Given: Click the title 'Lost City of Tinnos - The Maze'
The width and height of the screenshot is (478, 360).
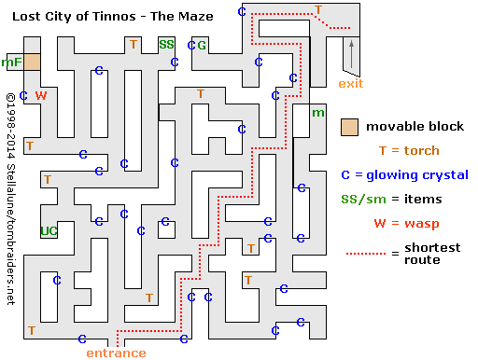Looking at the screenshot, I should coord(106,16).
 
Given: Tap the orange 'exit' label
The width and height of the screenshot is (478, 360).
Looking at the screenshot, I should coord(351,84).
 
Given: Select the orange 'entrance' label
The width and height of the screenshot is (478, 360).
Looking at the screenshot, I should coord(116,353).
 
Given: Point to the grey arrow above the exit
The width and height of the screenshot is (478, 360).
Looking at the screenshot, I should coord(352,58).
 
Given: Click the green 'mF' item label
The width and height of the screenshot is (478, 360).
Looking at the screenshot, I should coord(11,62).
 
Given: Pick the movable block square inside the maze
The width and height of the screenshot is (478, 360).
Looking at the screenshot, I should coord(33,62).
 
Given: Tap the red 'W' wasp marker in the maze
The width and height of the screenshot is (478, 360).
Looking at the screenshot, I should coord(40,95).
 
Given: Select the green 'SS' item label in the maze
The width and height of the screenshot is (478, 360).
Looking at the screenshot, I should coord(166,44).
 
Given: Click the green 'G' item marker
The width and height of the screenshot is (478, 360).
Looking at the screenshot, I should coord(202,45).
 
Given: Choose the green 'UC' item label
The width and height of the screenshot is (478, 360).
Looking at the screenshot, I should coord(49,230).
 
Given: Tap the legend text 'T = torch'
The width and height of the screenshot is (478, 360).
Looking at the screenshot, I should coord(408,150).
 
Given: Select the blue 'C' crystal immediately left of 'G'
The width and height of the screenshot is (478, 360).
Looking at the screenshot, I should coord(191,45).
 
